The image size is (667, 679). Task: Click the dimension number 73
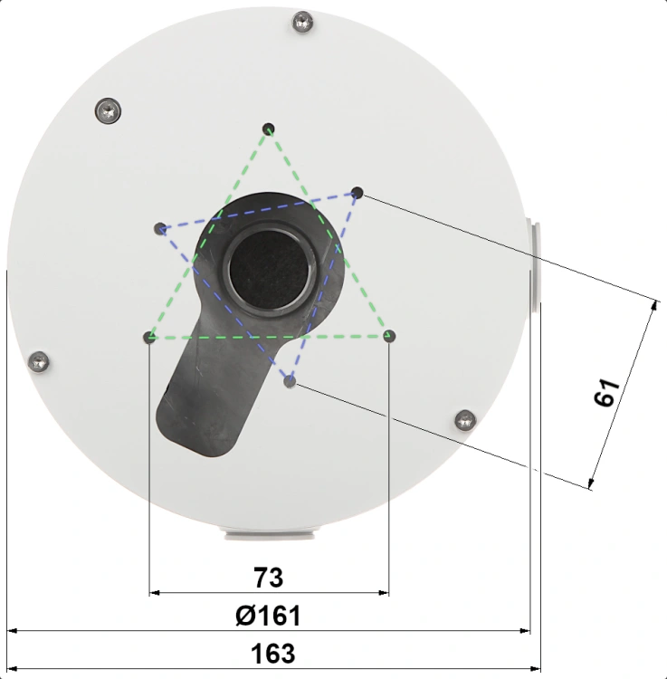pos(269,578)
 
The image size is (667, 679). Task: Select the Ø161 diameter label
pos(268,616)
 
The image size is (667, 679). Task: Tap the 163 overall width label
pos(272,654)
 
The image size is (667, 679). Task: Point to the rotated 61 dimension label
pos(607,393)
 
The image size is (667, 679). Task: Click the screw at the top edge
pos(302,21)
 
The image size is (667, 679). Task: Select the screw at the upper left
pos(108,111)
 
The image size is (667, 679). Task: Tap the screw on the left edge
pos(39,362)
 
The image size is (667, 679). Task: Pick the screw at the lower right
pos(465,420)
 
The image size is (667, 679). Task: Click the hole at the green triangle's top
pos(269,129)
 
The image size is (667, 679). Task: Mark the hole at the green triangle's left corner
pos(149,337)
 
